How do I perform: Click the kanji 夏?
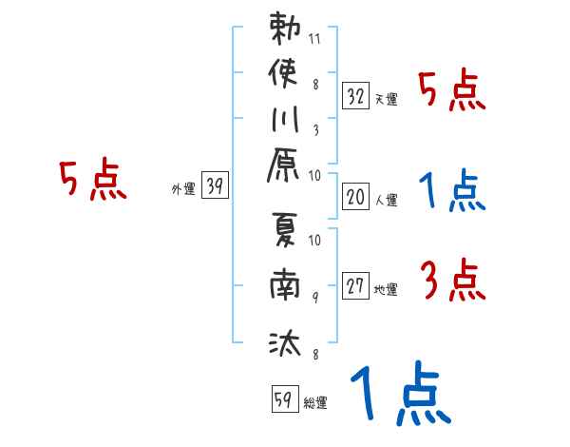coord(284,235)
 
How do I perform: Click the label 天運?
coord(387,99)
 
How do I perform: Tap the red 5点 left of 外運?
coord(93,180)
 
